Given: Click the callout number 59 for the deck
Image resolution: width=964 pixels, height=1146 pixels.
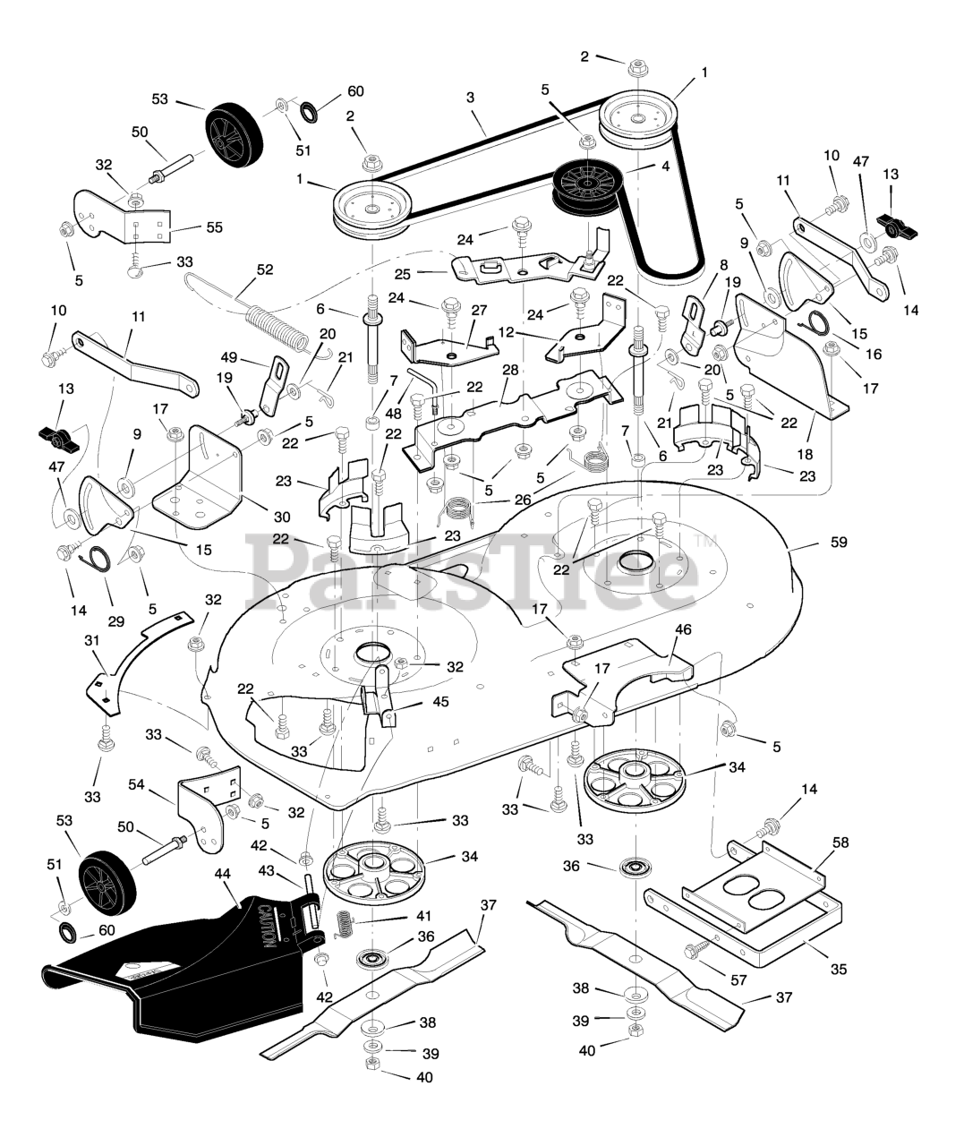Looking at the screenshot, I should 838,542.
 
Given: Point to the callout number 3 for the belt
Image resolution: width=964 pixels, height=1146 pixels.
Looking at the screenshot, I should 469,97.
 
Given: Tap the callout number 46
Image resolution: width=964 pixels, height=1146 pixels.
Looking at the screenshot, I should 683,630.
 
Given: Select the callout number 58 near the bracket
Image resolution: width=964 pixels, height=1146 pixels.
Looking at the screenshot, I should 840,842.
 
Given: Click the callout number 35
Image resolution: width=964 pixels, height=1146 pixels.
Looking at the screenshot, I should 838,969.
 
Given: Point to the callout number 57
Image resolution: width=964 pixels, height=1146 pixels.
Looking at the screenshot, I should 738,980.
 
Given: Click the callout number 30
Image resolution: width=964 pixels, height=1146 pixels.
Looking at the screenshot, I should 281,517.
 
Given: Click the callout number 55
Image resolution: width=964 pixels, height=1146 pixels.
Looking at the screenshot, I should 214,227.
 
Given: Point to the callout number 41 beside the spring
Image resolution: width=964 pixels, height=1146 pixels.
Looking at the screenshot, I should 423,916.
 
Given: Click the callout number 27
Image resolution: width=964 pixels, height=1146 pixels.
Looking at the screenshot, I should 479,309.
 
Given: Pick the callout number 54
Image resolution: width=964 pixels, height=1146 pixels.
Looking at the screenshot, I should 137,784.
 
